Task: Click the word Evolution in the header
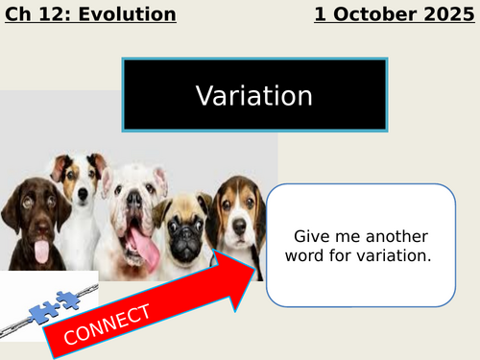click(130, 14)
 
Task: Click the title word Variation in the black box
click(254, 96)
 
